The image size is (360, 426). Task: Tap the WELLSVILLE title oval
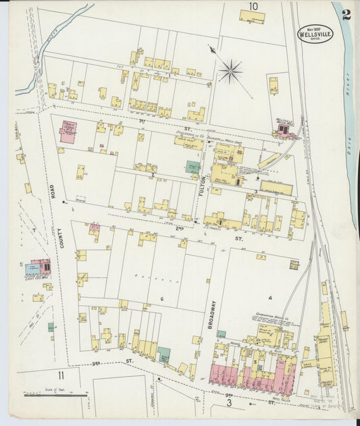tap(314, 34)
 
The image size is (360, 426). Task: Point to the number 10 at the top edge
tap(253, 7)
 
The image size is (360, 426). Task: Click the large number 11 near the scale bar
tap(61, 375)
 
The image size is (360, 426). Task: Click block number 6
tap(162, 298)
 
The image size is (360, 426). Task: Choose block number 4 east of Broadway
tap(269, 297)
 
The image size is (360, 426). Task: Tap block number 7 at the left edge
tap(32, 231)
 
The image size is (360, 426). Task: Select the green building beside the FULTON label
tap(193, 167)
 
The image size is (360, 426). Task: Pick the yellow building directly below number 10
tap(252, 17)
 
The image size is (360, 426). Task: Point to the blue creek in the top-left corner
tap(61, 41)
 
